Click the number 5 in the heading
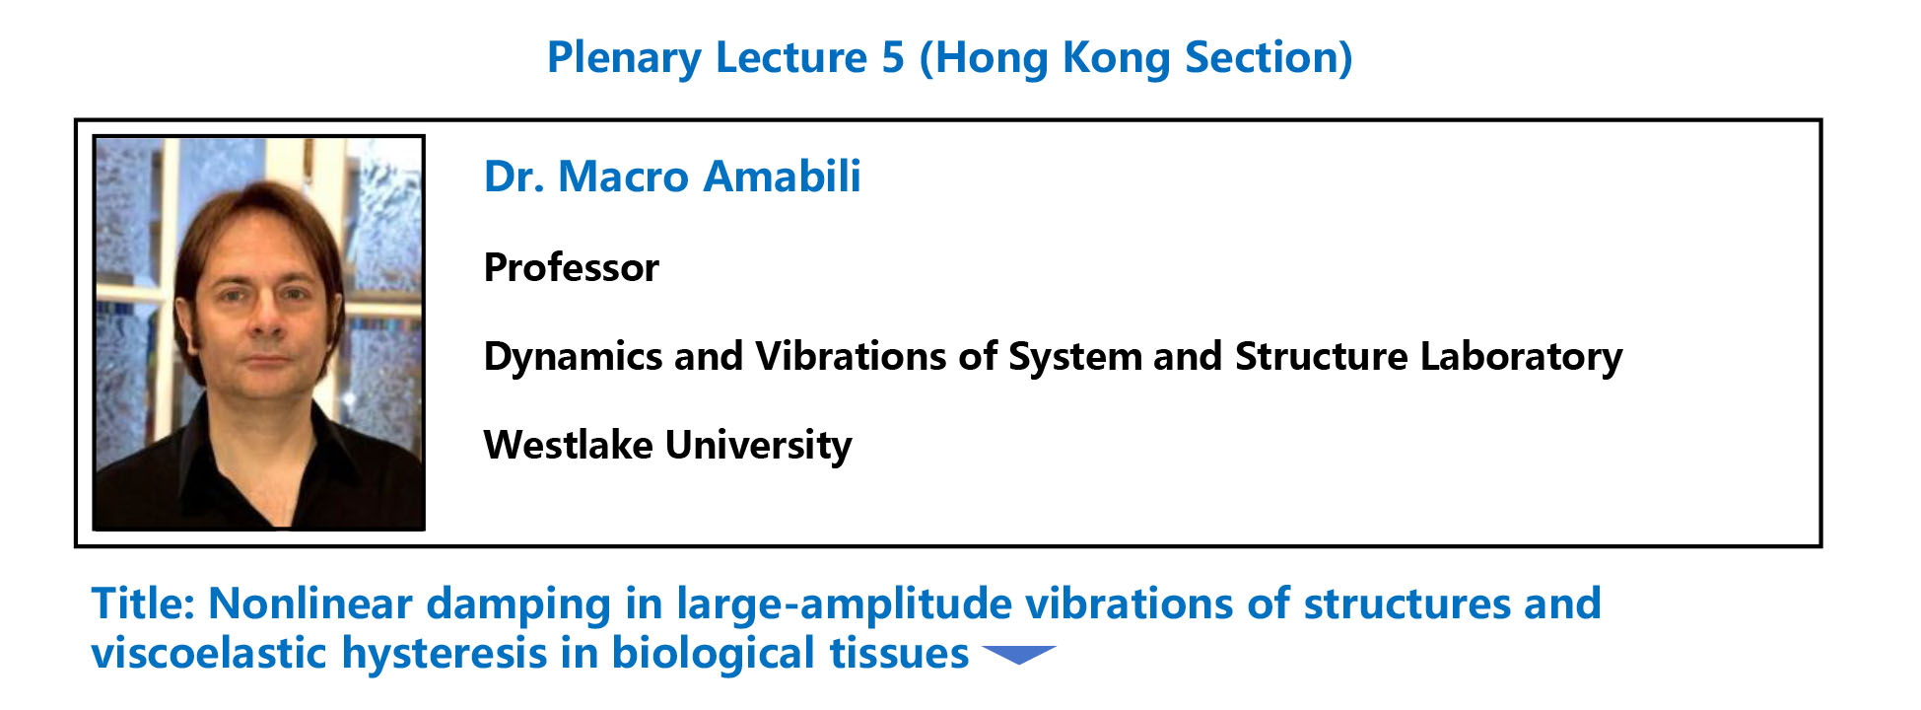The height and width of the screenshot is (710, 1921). (893, 57)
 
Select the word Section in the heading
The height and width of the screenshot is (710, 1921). (1262, 57)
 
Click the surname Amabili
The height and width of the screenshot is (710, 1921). (783, 177)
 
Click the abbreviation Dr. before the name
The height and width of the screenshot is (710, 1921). (515, 177)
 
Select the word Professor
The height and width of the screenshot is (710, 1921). (572, 267)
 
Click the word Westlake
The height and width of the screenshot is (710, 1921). (568, 445)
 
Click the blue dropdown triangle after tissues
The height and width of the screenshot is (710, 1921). (1019, 655)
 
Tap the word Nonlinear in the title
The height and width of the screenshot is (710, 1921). (311, 603)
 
